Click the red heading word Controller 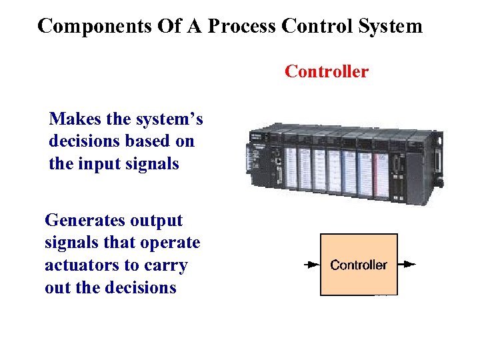326,71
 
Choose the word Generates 84,221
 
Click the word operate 167,243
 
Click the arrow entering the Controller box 311,265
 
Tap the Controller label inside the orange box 359,265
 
